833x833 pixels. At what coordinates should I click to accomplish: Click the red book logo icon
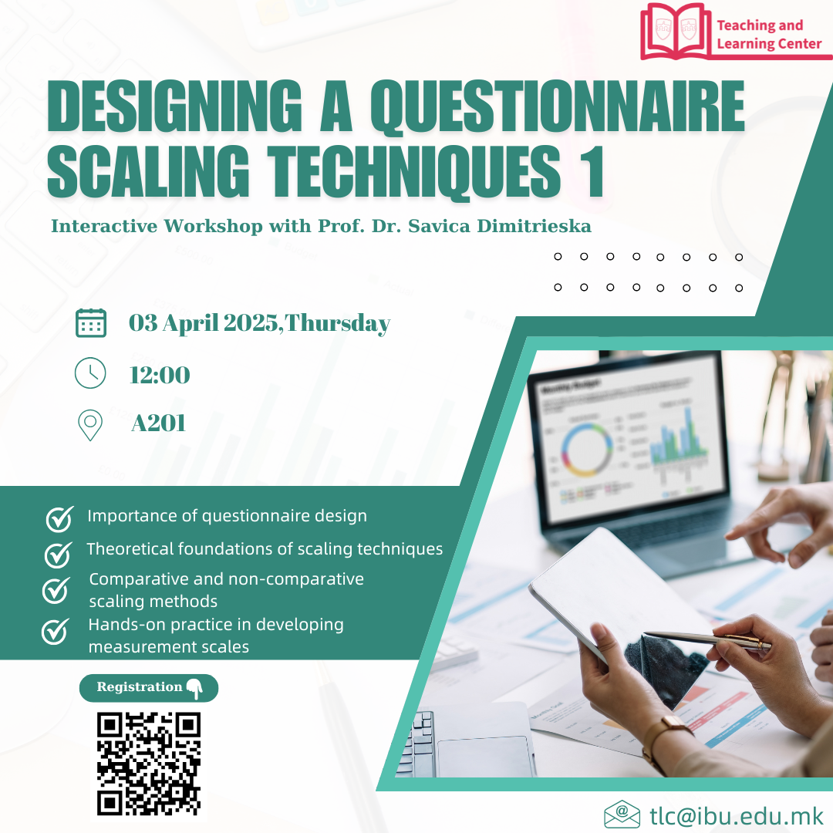coord(676,31)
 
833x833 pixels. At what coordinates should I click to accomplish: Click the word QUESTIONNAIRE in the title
coord(558,106)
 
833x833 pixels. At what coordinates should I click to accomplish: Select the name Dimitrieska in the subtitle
coord(534,226)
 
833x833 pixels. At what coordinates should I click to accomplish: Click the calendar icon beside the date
coord(91,322)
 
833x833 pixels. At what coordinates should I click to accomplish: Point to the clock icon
coord(90,373)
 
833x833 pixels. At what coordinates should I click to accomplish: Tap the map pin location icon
coord(90,425)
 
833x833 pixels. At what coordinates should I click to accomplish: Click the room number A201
coord(158,423)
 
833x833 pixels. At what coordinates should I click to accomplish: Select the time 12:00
coord(160,375)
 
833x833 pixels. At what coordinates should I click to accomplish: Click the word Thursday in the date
coord(338,323)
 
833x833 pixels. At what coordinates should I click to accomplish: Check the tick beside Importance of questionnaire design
coord(59,518)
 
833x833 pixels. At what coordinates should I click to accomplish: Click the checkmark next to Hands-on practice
coord(56,631)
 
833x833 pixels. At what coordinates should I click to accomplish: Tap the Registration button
coord(149,688)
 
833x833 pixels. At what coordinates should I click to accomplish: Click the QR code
coord(149,764)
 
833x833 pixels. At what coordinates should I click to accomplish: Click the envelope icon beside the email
coord(622,814)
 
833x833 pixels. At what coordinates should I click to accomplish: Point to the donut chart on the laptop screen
coord(586,448)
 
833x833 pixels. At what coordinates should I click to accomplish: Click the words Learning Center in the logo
coord(769,43)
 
